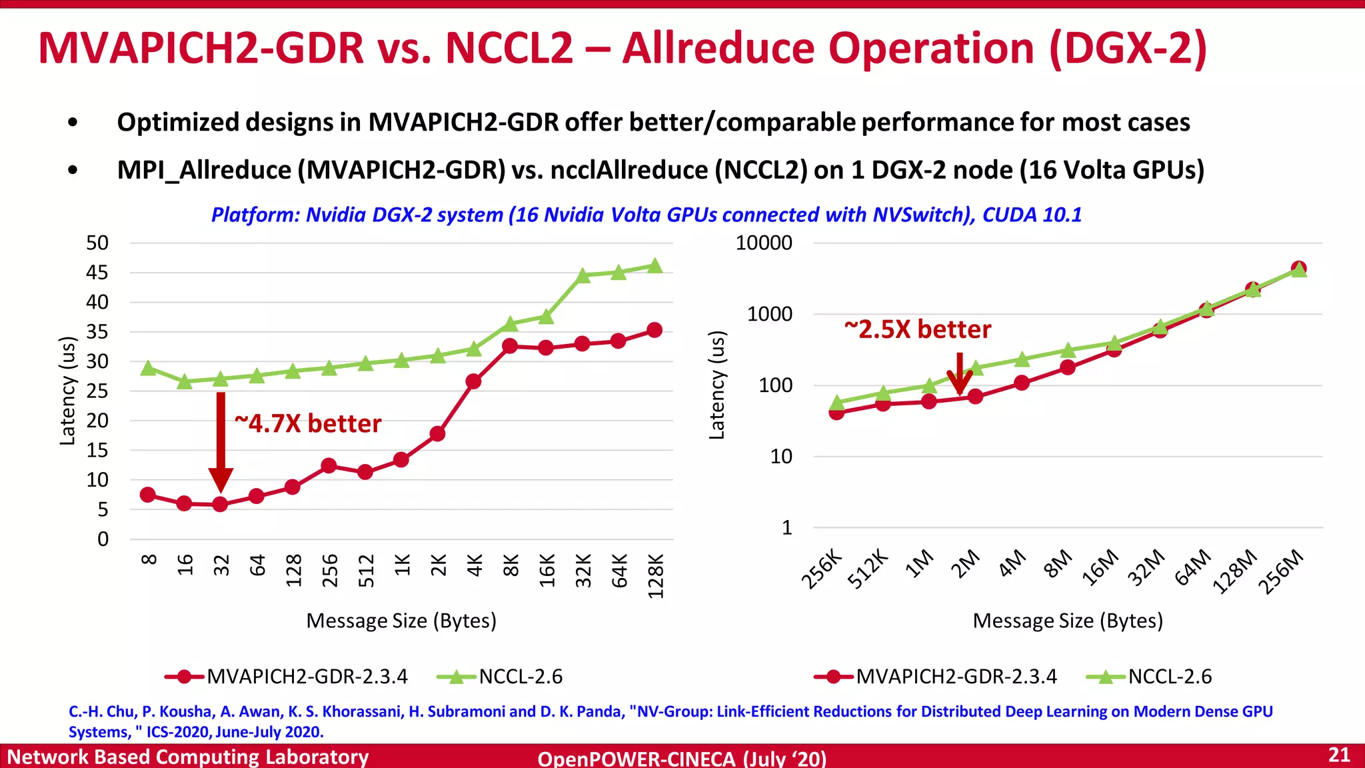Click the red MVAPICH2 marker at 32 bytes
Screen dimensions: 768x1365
[x=220, y=505]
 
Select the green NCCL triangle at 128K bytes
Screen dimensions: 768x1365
[x=655, y=266]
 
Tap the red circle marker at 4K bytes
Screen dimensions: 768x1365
[x=473, y=381]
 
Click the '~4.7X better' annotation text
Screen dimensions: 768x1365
[x=308, y=424]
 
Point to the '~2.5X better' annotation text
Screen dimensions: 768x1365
[x=918, y=329]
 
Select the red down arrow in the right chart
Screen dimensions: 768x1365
[x=959, y=373]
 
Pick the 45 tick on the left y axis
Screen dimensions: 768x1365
[x=97, y=273]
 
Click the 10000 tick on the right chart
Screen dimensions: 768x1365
[x=764, y=243]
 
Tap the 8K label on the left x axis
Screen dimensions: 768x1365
[x=511, y=566]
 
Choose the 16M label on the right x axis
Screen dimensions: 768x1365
[x=1100, y=567]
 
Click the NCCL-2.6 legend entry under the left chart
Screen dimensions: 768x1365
[x=500, y=677]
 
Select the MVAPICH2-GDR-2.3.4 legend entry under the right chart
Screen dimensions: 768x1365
[x=936, y=677]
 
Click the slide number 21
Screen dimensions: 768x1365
[x=1339, y=755]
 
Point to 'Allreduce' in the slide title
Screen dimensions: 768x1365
[x=718, y=49]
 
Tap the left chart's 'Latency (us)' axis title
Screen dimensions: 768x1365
[x=67, y=391]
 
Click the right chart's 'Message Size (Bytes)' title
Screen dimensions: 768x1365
[x=1067, y=621]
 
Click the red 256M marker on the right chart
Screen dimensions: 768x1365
[x=1298, y=268]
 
